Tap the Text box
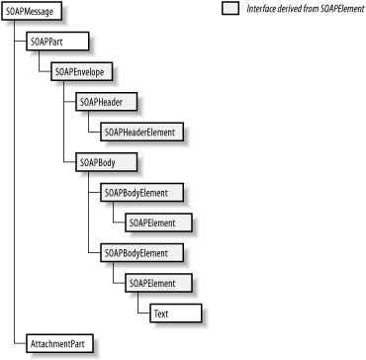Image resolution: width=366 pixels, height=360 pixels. (x=175, y=314)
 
